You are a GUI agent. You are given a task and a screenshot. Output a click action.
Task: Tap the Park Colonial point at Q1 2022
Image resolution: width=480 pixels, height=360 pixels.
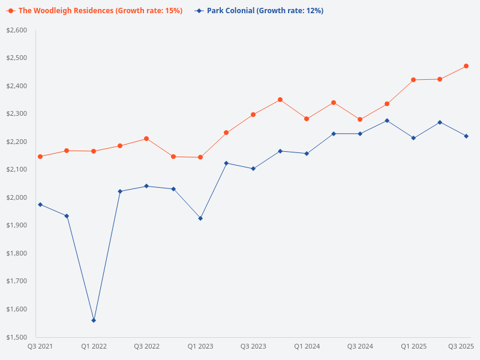click(94, 320)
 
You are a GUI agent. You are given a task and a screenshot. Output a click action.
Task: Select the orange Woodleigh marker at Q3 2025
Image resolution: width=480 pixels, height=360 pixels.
click(466, 66)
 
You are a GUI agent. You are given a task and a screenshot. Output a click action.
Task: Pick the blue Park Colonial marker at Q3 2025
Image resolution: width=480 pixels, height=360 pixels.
click(466, 136)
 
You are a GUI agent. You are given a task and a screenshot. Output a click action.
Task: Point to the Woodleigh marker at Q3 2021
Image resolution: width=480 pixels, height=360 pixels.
click(40, 157)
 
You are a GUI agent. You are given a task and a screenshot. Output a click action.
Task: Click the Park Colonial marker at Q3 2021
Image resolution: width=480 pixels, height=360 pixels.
click(40, 205)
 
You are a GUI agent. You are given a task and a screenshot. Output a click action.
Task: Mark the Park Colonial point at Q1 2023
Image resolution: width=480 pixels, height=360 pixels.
click(200, 218)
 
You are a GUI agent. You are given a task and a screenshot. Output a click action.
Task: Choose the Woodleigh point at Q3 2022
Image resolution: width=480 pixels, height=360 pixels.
click(146, 139)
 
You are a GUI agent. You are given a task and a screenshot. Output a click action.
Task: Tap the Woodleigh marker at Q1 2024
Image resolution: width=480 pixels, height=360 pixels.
click(307, 119)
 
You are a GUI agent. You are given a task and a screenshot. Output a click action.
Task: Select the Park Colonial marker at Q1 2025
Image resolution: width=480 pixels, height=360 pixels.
click(413, 138)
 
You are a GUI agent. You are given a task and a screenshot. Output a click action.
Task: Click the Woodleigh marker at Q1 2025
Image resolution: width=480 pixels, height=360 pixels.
click(413, 80)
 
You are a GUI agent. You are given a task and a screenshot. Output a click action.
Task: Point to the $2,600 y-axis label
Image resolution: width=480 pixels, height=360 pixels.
click(17, 30)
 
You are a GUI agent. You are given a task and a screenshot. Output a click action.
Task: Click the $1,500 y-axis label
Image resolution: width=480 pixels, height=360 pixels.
click(17, 337)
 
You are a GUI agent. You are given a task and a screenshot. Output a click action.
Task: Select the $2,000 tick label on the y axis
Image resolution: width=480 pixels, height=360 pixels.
click(17, 197)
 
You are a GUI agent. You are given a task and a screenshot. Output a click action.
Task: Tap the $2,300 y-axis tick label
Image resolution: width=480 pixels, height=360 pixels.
click(17, 113)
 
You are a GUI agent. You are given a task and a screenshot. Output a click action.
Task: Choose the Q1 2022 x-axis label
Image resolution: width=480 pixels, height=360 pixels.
click(94, 347)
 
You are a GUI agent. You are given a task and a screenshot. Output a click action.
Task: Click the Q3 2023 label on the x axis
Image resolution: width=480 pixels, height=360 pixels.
click(253, 347)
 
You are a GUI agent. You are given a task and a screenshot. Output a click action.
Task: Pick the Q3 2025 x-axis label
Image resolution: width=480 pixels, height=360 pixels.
click(461, 347)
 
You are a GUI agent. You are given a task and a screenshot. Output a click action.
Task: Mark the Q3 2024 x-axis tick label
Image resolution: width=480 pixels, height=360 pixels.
click(360, 347)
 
